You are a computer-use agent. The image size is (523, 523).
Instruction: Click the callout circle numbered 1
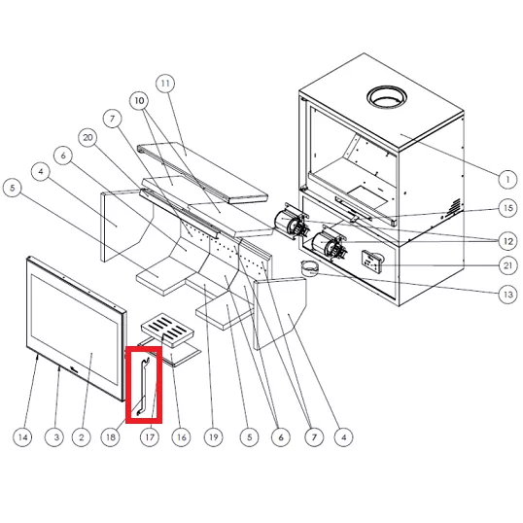(x=507, y=180)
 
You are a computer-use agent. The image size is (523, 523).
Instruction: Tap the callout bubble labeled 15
(x=507, y=208)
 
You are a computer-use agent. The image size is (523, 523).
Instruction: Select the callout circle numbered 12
(x=507, y=241)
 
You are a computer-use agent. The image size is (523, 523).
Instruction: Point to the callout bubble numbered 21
(x=507, y=265)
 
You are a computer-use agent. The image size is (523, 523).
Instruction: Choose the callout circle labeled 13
(x=507, y=295)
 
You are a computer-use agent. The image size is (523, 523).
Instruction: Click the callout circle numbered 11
(x=165, y=84)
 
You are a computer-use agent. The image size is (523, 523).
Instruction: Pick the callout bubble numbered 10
(x=139, y=100)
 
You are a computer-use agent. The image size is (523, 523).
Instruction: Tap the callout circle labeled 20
(x=87, y=137)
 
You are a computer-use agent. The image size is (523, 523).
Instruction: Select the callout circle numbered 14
(x=22, y=436)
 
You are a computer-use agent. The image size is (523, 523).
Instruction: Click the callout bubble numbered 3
(x=55, y=436)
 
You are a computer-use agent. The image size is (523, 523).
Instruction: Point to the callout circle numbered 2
(x=82, y=436)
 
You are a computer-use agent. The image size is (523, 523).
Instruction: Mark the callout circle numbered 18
(x=111, y=436)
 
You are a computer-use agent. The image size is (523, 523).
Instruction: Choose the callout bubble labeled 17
(x=150, y=436)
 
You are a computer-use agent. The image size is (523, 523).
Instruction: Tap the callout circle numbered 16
(x=181, y=436)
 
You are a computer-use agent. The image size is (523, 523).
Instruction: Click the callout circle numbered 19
(x=214, y=436)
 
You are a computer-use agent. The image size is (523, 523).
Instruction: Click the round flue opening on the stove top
(x=387, y=97)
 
